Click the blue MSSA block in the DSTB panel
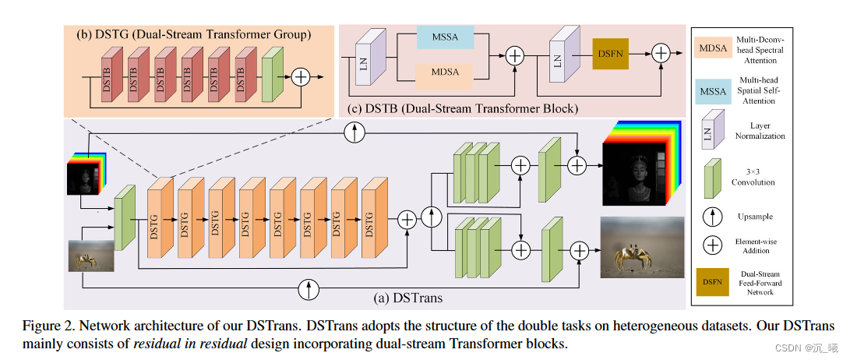(444, 37)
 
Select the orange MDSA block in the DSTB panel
(444, 73)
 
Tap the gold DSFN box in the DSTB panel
(611, 54)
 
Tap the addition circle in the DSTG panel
(300, 76)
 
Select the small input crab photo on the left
(92, 255)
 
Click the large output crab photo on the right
(641, 247)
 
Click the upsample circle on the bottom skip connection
(309, 291)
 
